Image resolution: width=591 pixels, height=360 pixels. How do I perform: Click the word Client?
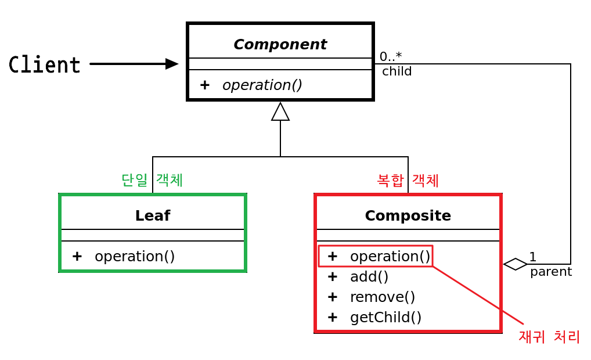click(45, 64)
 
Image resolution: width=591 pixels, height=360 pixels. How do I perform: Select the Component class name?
click(280, 44)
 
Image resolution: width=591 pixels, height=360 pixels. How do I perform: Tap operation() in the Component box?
click(262, 85)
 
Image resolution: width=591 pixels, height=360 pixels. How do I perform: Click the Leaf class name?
click(152, 215)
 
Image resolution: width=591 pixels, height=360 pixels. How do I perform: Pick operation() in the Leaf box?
click(135, 256)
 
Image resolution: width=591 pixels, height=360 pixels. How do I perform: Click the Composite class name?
click(408, 215)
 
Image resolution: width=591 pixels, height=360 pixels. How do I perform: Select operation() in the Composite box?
click(390, 256)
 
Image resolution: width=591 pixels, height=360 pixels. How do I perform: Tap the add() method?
click(369, 276)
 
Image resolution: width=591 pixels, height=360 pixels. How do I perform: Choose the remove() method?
click(383, 297)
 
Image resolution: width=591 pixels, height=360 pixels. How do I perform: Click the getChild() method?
click(385, 317)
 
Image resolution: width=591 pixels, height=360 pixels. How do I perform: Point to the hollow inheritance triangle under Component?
click(280, 111)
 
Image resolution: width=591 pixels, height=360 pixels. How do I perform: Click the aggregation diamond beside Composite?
click(515, 264)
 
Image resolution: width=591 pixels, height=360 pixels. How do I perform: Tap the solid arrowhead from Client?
click(171, 64)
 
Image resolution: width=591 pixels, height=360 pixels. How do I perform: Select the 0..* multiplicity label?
click(391, 57)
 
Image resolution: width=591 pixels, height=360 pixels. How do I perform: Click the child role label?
click(397, 71)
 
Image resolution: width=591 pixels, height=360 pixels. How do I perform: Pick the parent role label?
click(551, 271)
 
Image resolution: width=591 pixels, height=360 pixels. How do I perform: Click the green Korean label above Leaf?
click(152, 180)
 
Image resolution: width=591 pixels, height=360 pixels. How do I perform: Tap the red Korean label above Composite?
click(408, 181)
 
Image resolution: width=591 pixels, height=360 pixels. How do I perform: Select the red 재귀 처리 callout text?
click(549, 336)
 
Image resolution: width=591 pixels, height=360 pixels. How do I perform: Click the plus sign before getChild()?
click(333, 317)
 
